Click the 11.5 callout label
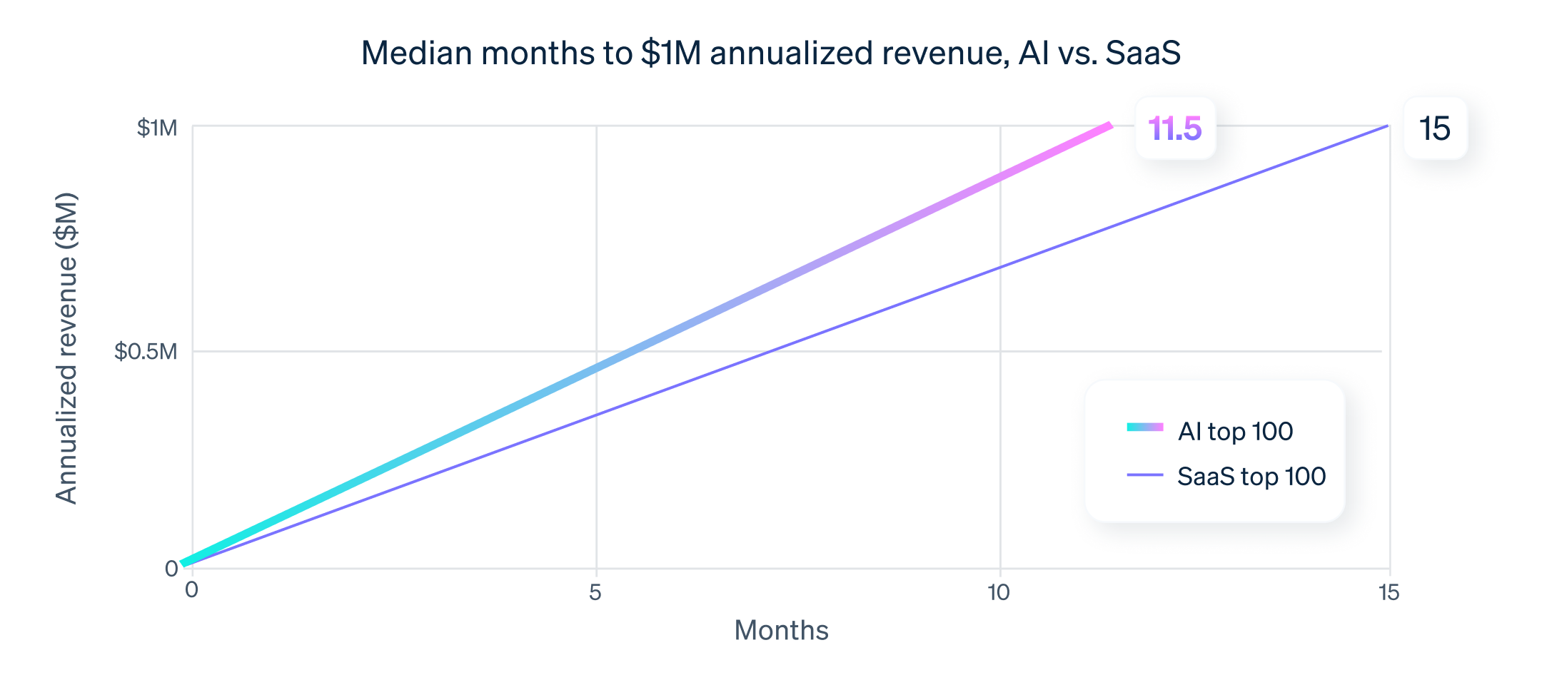click(x=1174, y=128)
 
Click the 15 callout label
click(x=1435, y=128)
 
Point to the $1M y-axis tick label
click(x=157, y=128)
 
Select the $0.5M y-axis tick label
click(x=146, y=351)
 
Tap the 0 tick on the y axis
click(x=171, y=569)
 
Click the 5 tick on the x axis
click(x=595, y=592)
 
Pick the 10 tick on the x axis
click(x=998, y=592)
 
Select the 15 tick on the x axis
click(x=1389, y=592)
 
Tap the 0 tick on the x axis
click(x=191, y=590)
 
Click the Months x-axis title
click(x=781, y=631)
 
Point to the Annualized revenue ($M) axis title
click(x=66, y=348)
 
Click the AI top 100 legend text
click(x=1235, y=431)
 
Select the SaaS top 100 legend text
click(x=1251, y=476)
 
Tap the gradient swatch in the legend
click(x=1145, y=427)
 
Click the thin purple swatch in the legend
click(x=1145, y=475)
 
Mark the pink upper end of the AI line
click(x=1108, y=126)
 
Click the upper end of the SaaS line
click(x=1386, y=126)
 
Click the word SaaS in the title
click(x=1142, y=53)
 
